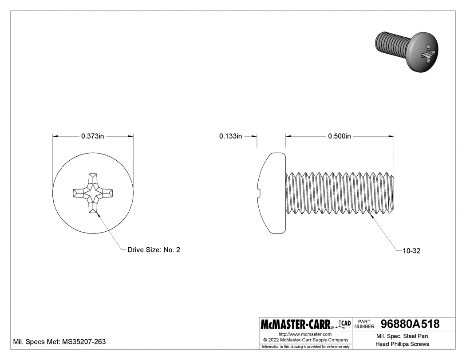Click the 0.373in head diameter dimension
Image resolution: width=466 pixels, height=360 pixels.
(92, 136)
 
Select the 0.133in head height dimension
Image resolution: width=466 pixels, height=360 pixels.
(230, 136)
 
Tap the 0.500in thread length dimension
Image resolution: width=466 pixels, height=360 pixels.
(340, 136)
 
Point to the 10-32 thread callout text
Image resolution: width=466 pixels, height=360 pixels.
(411, 251)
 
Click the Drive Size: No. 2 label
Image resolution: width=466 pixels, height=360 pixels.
(154, 250)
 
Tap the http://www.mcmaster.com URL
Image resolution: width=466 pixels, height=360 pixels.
(305, 334)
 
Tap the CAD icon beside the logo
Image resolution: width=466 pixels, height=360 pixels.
(345, 324)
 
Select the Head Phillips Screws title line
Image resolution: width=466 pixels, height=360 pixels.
(402, 344)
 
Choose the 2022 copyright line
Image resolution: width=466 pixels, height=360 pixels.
(305, 340)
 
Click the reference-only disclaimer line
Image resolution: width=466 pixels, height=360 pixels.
(305, 346)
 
